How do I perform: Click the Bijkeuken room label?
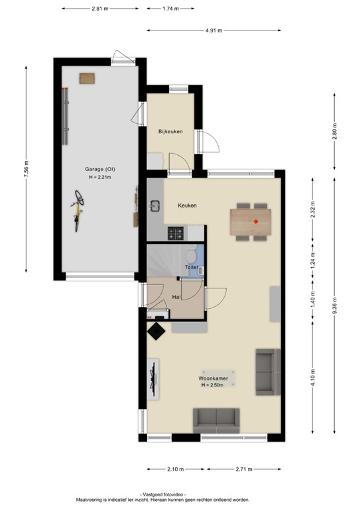pos(170,131)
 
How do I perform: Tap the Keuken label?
pos(187,205)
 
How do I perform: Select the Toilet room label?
pos(192,267)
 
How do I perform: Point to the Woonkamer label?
pos(213,378)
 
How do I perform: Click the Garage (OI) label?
pos(100,169)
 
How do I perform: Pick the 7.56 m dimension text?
pos(27,169)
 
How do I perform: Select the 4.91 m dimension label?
pos(214,30)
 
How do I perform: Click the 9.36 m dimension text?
pos(335,306)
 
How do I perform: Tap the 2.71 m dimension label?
pos(244,469)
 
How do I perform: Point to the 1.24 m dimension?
pos(313,258)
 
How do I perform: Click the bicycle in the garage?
pos(78,210)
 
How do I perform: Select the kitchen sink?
pos(155,205)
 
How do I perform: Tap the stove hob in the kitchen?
pos(176,233)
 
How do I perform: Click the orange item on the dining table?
pos(256,222)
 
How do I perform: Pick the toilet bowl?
pos(190,256)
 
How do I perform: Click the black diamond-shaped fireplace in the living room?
pos(156,331)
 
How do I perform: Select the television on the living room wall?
pos(153,378)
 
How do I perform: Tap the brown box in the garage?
pos(87,79)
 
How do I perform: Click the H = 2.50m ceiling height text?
pos(212,385)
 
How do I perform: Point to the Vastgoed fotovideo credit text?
pos(162,494)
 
